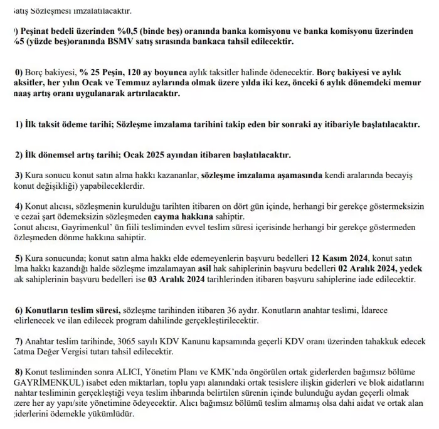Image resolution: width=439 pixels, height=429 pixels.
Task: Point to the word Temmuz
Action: tap(154, 83)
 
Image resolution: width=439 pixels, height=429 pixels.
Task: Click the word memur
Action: tap(411, 83)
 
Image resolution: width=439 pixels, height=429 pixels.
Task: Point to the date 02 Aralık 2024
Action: tap(365, 268)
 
